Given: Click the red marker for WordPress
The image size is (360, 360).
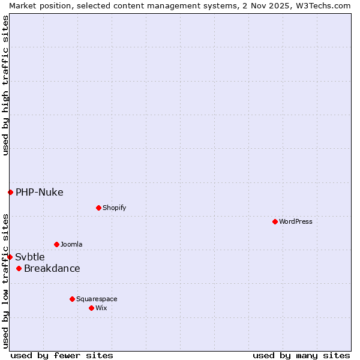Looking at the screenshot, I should tap(275, 221).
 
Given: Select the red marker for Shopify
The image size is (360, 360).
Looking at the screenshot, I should tap(98, 208).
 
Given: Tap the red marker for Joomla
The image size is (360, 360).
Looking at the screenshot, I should tap(56, 244).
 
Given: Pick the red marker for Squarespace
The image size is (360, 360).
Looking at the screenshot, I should tap(72, 299).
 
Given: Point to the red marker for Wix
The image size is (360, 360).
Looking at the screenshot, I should tap(91, 308).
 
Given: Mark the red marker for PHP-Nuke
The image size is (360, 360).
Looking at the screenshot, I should tap(10, 192).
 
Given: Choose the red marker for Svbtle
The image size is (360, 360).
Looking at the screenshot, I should tap(10, 257).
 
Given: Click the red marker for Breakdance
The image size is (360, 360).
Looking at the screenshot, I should tap(19, 268).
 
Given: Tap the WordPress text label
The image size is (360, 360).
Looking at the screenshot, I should tap(296, 221).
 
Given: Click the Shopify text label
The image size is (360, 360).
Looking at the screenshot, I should tap(114, 208).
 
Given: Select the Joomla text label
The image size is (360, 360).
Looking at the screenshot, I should tap(71, 244).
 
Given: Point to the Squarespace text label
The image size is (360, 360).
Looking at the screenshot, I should tap(97, 299).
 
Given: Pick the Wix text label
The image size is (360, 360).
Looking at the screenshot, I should tap(101, 308).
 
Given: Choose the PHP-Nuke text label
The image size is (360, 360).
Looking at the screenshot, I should tap(40, 192).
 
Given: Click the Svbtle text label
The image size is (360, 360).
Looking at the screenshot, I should tap(30, 257).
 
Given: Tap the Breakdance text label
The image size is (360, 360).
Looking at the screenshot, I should tap(52, 268).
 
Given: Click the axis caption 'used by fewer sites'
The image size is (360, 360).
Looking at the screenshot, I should tap(62, 355).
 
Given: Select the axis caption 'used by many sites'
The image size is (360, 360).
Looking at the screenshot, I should tap(301, 355).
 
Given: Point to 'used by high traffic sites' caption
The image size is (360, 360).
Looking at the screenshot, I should tap(5, 85).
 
